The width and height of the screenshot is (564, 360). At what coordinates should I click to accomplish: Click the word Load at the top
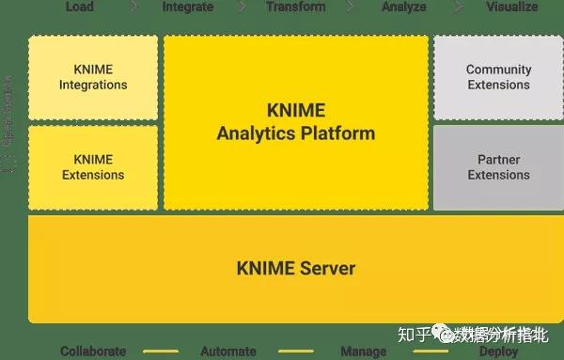pos(79,7)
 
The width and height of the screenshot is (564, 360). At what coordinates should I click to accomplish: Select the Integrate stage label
pos(187,7)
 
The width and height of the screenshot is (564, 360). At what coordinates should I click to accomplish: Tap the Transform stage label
pos(295,7)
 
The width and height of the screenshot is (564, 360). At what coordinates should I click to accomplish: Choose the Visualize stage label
pos(511,7)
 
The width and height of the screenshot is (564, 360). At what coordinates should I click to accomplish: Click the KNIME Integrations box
pos(93,77)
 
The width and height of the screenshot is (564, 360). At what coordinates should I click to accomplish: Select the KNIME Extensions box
pos(93,167)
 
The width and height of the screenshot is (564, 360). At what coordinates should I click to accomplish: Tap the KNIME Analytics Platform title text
pos(295,122)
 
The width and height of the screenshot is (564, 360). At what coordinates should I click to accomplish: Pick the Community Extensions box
pos(498,77)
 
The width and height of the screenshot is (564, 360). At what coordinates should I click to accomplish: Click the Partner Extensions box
pos(498,167)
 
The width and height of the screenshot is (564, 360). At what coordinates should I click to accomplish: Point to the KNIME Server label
pos(295,269)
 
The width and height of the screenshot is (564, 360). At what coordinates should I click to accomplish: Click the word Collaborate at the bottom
pos(93,352)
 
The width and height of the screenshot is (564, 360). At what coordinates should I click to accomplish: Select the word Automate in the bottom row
pos(227,352)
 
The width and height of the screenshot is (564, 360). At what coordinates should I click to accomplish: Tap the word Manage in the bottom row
pos(363,352)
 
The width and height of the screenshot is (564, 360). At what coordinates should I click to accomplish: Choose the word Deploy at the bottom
pos(498,352)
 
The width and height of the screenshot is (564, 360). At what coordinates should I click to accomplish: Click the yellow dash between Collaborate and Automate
pos(160,352)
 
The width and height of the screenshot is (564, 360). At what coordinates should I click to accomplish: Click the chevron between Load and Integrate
pos(133,7)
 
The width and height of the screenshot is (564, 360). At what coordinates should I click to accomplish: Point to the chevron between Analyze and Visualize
pos(460,7)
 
